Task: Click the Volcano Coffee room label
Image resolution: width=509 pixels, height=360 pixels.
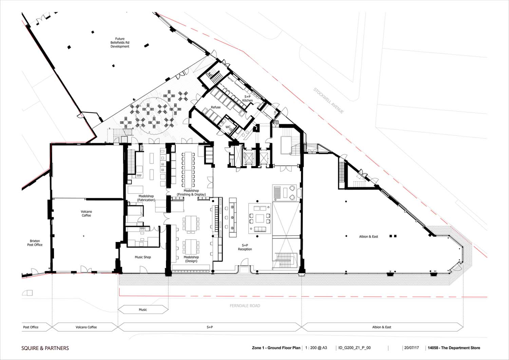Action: pos(86,213)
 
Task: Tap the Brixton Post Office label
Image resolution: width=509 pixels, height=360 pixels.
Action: pos(35,243)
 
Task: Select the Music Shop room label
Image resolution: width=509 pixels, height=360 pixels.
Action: pos(143,257)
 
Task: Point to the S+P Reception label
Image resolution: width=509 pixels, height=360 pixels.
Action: pos(245,247)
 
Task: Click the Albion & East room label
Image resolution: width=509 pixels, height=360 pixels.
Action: pos(369,236)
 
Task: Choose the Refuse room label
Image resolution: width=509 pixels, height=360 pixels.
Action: pos(215,107)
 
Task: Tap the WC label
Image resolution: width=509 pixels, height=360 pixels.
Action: pos(228,127)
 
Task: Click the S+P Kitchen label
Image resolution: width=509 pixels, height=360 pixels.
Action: pos(247,98)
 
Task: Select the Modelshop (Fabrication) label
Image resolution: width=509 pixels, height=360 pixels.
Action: pos(146,198)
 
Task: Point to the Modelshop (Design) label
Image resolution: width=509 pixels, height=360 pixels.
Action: pos(191,259)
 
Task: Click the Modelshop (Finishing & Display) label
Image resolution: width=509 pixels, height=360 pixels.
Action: pos(191,192)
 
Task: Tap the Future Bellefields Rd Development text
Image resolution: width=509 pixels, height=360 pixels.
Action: pos(120,42)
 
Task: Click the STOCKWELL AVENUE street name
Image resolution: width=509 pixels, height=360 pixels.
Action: pos(328,100)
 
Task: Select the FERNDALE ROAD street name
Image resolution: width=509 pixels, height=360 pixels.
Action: pos(245,306)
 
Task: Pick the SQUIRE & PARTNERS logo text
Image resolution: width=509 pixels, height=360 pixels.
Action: pos(45,348)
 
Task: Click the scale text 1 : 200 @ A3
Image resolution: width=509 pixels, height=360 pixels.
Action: pos(316,348)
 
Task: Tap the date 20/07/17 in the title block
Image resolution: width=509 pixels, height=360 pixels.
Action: pos(412,348)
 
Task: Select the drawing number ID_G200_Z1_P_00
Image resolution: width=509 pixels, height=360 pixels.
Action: pos(355,348)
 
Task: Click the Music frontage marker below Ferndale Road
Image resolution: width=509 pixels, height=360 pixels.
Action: pos(143,309)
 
